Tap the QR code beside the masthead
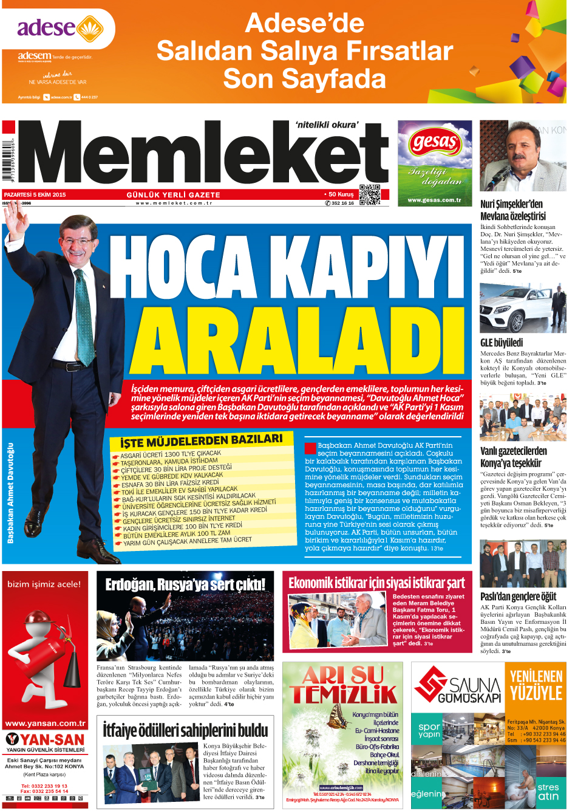[x=369, y=194]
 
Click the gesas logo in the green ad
[x=435, y=143]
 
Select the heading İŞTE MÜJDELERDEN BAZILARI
[x=201, y=440]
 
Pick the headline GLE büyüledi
[x=502, y=343]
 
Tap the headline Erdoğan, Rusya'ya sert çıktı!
[x=185, y=584]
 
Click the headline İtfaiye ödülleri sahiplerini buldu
[x=185, y=730]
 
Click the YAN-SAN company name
[x=53, y=740]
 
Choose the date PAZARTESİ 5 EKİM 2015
[x=35, y=195]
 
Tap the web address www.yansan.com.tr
[x=46, y=724]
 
